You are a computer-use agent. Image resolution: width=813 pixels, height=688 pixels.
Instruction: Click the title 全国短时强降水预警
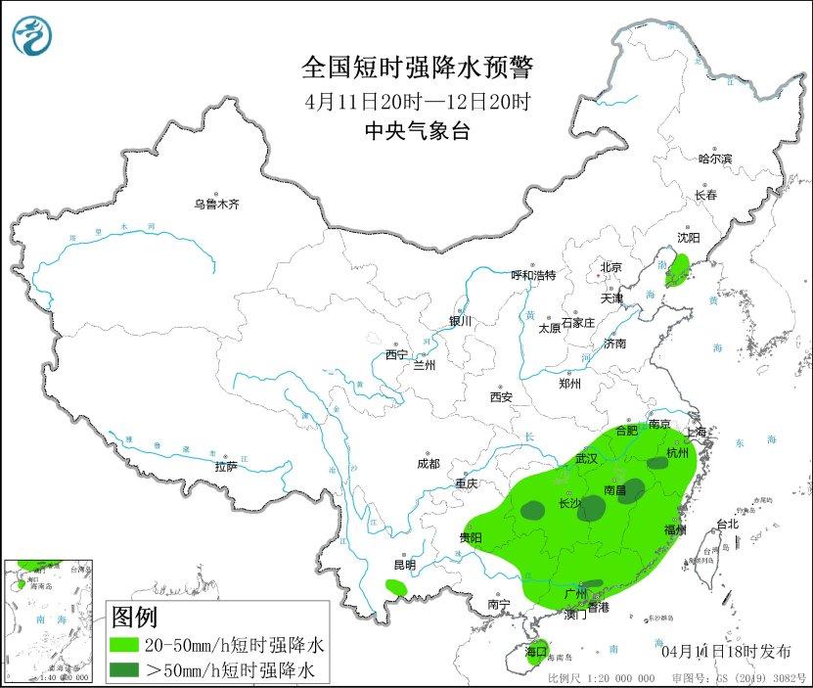pyautogui.click(x=418, y=68)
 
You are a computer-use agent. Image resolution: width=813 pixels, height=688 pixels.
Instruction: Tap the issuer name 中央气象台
pyautogui.click(x=417, y=131)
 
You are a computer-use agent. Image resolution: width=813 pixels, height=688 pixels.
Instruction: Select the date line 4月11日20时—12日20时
pyautogui.click(x=418, y=101)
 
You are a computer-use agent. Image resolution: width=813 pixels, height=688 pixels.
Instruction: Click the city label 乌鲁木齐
pyautogui.click(x=215, y=205)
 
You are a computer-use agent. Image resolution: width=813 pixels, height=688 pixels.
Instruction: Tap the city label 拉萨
pyautogui.click(x=225, y=466)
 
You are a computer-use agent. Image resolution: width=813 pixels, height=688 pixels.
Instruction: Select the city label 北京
pyautogui.click(x=610, y=266)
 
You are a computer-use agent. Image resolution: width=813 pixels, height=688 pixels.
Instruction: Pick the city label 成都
pyautogui.click(x=428, y=463)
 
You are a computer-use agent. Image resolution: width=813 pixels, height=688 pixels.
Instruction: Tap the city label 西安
pyautogui.click(x=501, y=397)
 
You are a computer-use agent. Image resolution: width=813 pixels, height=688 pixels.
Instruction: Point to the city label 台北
pyautogui.click(x=727, y=525)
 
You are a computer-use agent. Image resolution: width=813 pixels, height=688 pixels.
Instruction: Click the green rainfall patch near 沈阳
pyautogui.click(x=676, y=268)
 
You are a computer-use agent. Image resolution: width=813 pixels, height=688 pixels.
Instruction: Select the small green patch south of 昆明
pyautogui.click(x=396, y=587)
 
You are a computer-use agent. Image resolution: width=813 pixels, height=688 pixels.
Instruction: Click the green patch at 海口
pyautogui.click(x=534, y=653)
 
